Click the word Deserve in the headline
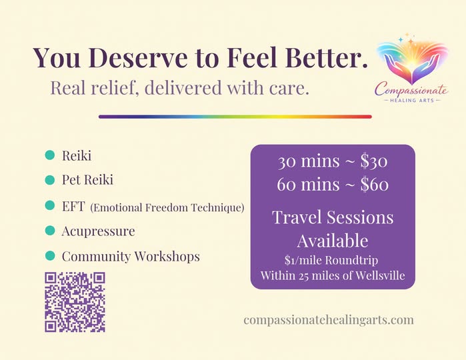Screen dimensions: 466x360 [x=137, y=57]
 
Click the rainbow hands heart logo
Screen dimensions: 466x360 [x=412, y=59]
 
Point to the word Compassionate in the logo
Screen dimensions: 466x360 [x=411, y=89]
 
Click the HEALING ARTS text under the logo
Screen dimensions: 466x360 [x=412, y=101]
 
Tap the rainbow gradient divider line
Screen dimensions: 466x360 [x=235, y=117]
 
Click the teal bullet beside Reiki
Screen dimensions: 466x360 [x=50, y=155]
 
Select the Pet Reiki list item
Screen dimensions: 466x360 [x=88, y=180]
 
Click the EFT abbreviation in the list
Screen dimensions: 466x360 [x=73, y=206]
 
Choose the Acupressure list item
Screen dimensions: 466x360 [x=99, y=231]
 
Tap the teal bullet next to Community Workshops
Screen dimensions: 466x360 [x=50, y=255]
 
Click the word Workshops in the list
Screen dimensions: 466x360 [x=167, y=257]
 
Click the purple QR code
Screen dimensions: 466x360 [x=75, y=302]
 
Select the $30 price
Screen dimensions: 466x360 [x=374, y=161]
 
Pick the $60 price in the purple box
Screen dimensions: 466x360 [x=375, y=184]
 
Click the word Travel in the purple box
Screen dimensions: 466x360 [x=297, y=217]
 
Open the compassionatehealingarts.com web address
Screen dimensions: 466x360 [x=329, y=320]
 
